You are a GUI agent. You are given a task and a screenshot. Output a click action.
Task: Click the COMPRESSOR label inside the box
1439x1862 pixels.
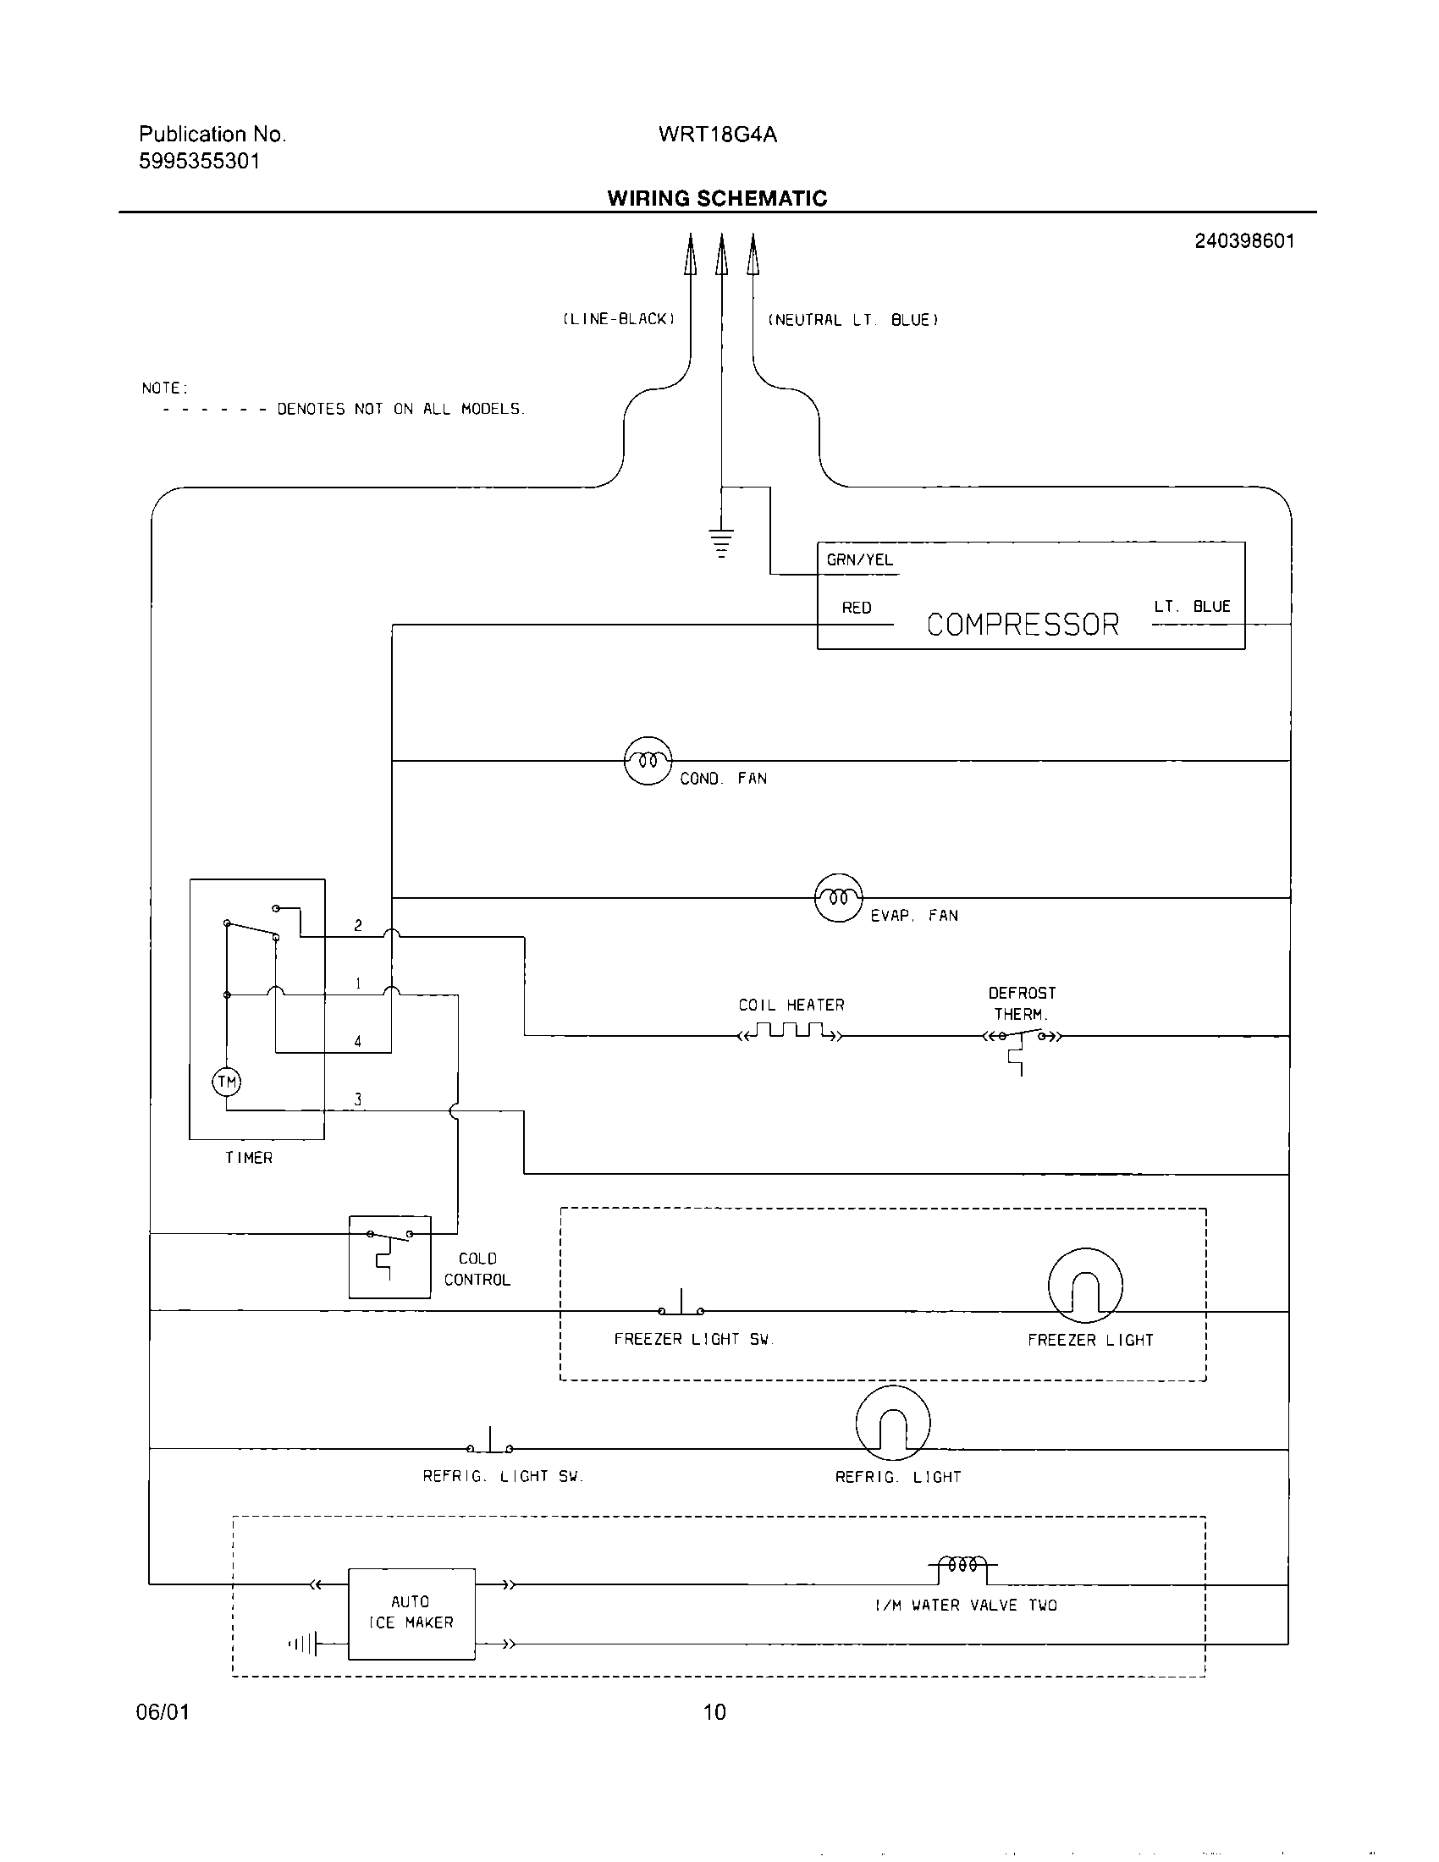1023,625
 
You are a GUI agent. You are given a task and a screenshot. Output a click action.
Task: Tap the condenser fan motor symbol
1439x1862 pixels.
648,761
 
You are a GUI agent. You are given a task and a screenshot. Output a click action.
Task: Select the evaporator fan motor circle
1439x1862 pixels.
839,898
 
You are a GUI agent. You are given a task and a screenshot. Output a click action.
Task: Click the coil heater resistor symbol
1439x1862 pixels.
791,1033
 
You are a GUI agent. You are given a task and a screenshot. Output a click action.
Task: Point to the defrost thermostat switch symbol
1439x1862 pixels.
1022,1038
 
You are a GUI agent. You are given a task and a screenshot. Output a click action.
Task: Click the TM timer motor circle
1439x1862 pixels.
227,1082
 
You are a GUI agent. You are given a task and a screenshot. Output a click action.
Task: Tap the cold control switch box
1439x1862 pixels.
389,1257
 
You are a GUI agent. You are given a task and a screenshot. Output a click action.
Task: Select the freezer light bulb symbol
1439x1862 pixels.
1084,1286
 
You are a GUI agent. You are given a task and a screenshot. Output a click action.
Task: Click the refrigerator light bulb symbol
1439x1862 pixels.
892,1424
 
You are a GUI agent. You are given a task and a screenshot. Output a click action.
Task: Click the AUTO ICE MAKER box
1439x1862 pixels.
411,1613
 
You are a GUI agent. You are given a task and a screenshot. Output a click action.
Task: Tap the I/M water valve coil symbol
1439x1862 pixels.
962,1566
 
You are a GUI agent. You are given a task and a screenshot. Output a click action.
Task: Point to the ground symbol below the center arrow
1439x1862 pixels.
721,542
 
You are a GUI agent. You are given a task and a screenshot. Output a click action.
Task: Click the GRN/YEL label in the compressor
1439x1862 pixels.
859,560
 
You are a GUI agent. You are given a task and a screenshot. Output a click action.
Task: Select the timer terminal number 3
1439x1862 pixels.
358,1099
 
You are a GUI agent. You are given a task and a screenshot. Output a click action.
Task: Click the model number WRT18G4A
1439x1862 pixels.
717,135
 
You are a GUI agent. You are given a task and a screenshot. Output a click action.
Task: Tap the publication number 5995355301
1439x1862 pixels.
200,161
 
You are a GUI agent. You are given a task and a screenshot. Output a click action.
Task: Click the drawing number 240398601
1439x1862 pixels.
1243,241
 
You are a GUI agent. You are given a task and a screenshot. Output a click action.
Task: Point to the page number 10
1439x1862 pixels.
714,1711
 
